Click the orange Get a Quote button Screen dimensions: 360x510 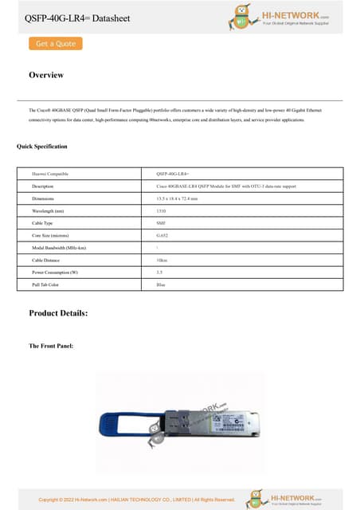pyautogui.click(x=55, y=44)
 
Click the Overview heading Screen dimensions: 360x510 pyautogui.click(x=46, y=75)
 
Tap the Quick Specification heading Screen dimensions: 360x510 pyautogui.click(x=42, y=147)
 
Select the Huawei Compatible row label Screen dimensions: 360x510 pyautogui.click(x=50, y=173)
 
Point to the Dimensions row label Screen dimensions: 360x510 pyautogui.click(x=43, y=198)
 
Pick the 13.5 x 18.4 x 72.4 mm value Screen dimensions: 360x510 pyautogui.click(x=182, y=198)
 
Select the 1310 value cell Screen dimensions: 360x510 pyautogui.click(x=162, y=210)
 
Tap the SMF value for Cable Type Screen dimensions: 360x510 pyautogui.click(x=161, y=223)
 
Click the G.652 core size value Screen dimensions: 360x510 pyautogui.click(x=162, y=236)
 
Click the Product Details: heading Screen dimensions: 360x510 pyautogui.click(x=58, y=313)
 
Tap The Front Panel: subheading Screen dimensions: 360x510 pyautogui.click(x=51, y=346)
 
